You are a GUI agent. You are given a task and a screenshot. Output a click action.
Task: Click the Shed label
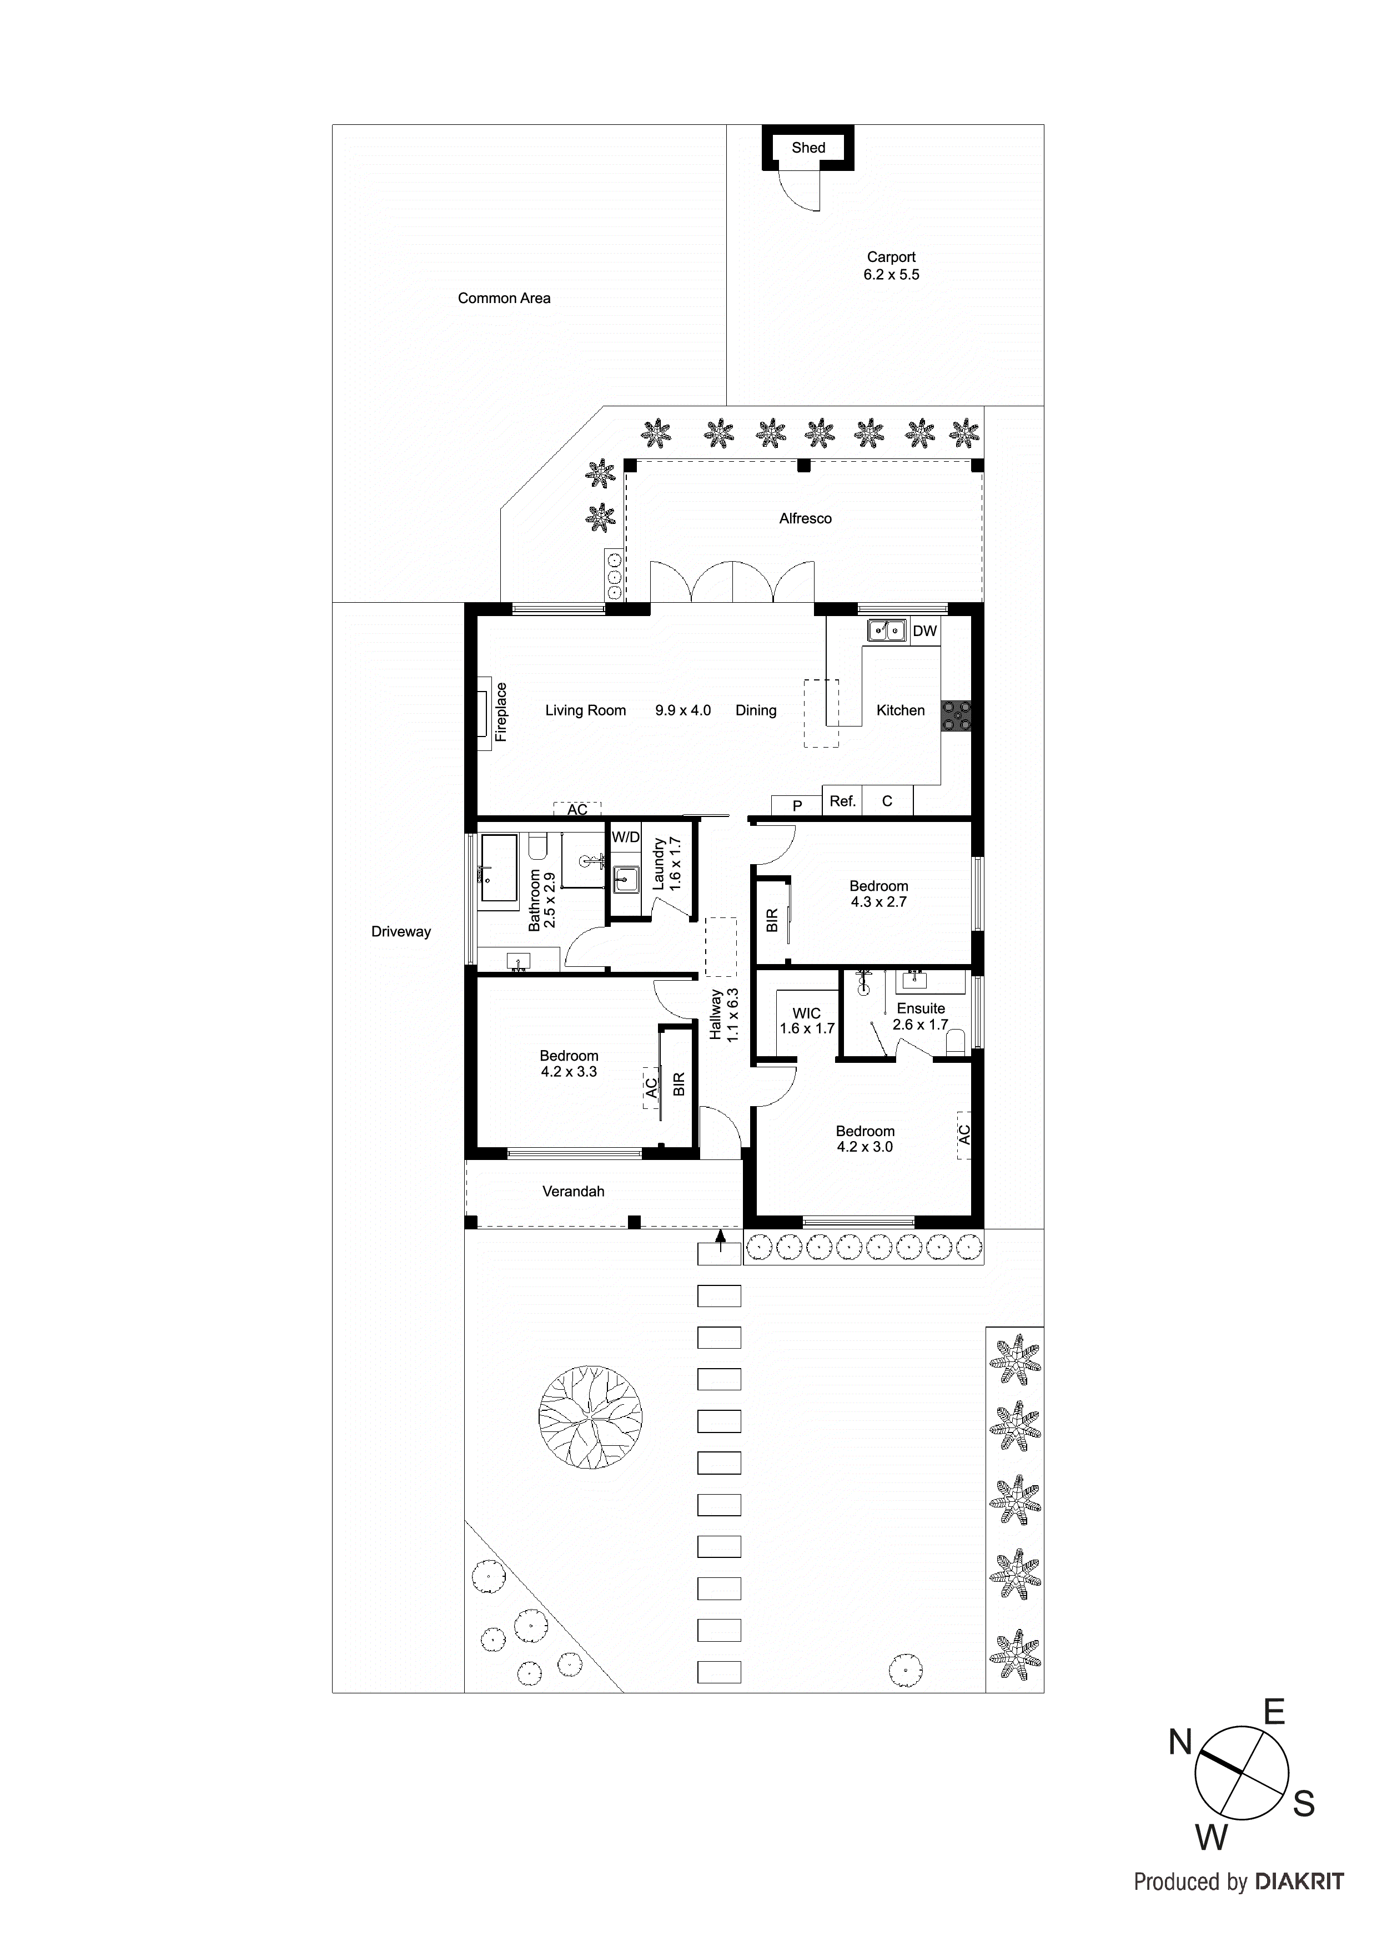tap(808, 148)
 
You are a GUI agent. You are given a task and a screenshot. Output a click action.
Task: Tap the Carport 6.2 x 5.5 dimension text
tap(891, 275)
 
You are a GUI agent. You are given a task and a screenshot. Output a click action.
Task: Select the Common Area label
tap(504, 299)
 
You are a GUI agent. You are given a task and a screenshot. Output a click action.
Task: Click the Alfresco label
tap(805, 519)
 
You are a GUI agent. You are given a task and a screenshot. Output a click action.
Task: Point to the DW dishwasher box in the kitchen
tap(925, 631)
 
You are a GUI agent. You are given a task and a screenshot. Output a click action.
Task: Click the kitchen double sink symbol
tap(887, 631)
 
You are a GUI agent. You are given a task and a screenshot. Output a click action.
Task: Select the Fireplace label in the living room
tap(501, 712)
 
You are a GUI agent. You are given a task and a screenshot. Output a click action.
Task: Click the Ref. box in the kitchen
tap(842, 801)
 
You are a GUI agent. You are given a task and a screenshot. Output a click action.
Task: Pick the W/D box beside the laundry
tap(626, 837)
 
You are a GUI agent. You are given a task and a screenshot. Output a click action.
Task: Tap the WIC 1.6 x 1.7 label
tap(807, 1021)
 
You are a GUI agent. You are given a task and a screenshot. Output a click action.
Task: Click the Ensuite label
tap(921, 1008)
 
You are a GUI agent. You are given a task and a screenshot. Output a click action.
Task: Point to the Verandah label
tap(574, 1192)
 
